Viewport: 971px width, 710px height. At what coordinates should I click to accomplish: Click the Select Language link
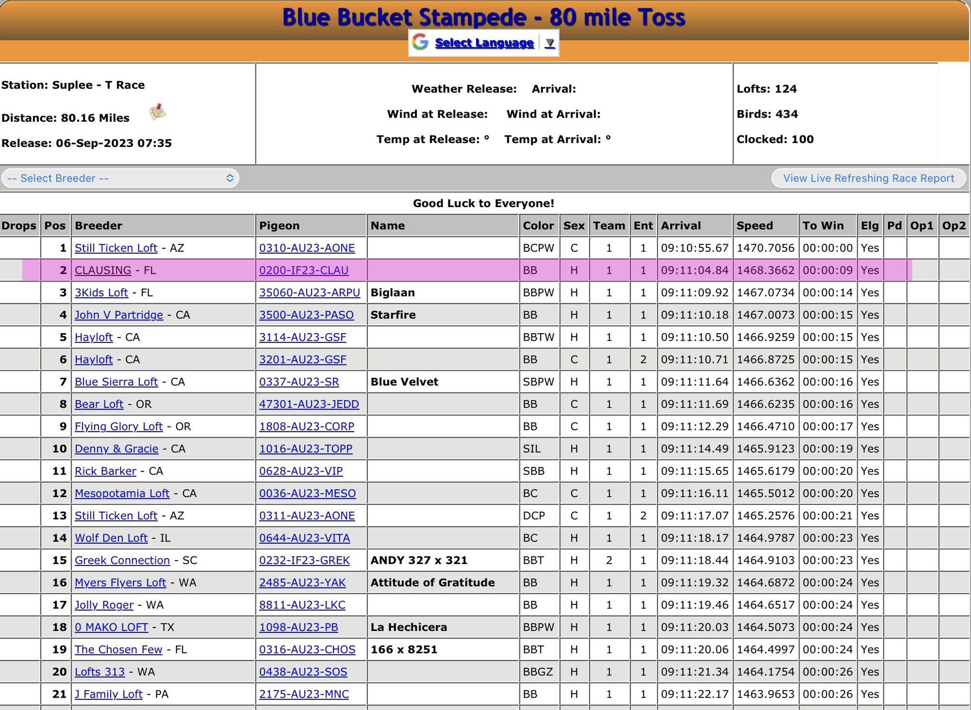click(484, 43)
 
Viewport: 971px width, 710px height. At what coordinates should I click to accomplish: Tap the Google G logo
click(420, 42)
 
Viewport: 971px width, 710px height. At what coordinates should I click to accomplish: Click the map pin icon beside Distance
click(157, 112)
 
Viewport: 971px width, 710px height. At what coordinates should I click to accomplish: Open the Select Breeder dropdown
click(120, 178)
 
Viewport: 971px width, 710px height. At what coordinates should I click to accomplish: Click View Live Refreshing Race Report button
click(868, 178)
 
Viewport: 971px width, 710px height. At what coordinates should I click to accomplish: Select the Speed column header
click(754, 226)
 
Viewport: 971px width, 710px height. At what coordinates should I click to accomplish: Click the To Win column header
click(823, 226)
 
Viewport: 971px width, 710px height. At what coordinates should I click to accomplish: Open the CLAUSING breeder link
click(103, 270)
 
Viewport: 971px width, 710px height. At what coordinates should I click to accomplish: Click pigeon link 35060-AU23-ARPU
click(309, 292)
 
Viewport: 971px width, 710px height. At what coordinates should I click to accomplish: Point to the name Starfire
click(393, 315)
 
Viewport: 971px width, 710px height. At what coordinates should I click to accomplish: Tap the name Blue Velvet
click(404, 382)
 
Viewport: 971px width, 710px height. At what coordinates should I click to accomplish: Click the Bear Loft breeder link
click(99, 404)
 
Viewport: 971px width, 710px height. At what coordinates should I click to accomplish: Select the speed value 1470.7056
click(765, 248)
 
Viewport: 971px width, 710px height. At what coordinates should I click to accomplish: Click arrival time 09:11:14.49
click(695, 448)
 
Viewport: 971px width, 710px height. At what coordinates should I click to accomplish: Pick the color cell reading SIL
click(531, 448)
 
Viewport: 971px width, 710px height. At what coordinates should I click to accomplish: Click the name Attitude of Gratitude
click(432, 583)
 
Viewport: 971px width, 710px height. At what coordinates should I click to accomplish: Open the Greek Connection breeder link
click(122, 560)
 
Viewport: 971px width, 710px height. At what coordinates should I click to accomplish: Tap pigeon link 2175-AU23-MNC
click(303, 694)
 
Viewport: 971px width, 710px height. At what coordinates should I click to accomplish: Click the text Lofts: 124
click(766, 89)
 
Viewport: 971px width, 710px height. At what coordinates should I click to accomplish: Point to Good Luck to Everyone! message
click(483, 203)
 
